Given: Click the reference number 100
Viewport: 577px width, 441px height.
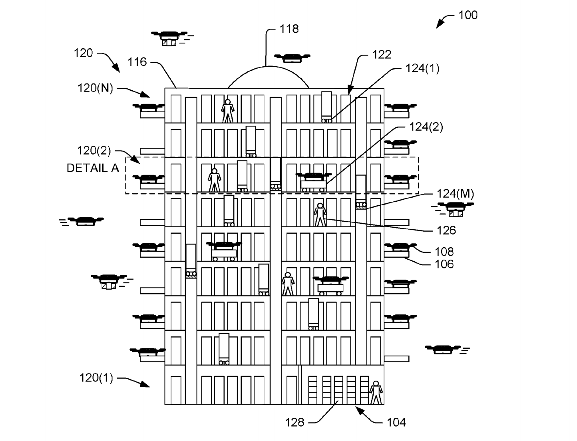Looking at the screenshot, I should pos(468,15).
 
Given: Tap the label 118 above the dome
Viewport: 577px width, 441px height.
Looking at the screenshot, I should pos(289,29).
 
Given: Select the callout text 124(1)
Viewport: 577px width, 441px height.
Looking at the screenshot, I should pos(422,68).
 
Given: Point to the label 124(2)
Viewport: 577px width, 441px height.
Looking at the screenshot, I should pos(426,127).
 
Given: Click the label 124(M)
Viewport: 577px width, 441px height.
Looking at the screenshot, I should pos(455,194).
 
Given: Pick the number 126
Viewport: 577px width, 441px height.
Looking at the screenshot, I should pos(446,230).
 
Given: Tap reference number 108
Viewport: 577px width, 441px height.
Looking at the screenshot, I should pos(444,252).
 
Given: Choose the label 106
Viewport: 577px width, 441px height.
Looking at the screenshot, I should pos(444,264).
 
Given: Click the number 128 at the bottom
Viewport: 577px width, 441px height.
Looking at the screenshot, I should pos(294,422).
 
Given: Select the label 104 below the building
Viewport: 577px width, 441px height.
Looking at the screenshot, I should pos(396,422).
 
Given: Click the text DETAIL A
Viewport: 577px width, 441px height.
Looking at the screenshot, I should pos(93,168).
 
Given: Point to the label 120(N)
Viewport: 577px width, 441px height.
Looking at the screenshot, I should pos(95,88).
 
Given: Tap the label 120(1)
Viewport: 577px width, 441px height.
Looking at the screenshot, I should pos(96,377).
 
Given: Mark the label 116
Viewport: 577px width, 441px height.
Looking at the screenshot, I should pos(137,62).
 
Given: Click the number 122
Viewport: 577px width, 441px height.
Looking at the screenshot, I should pos(382,55).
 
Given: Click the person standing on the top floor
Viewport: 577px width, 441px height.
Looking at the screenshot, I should pos(228,111).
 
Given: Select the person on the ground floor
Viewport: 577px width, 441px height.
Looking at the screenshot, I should pos(376,393).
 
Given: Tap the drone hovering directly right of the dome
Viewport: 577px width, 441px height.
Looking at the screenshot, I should pos(292,58).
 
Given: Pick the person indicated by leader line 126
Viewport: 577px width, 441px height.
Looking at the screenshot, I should pos(320,215).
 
